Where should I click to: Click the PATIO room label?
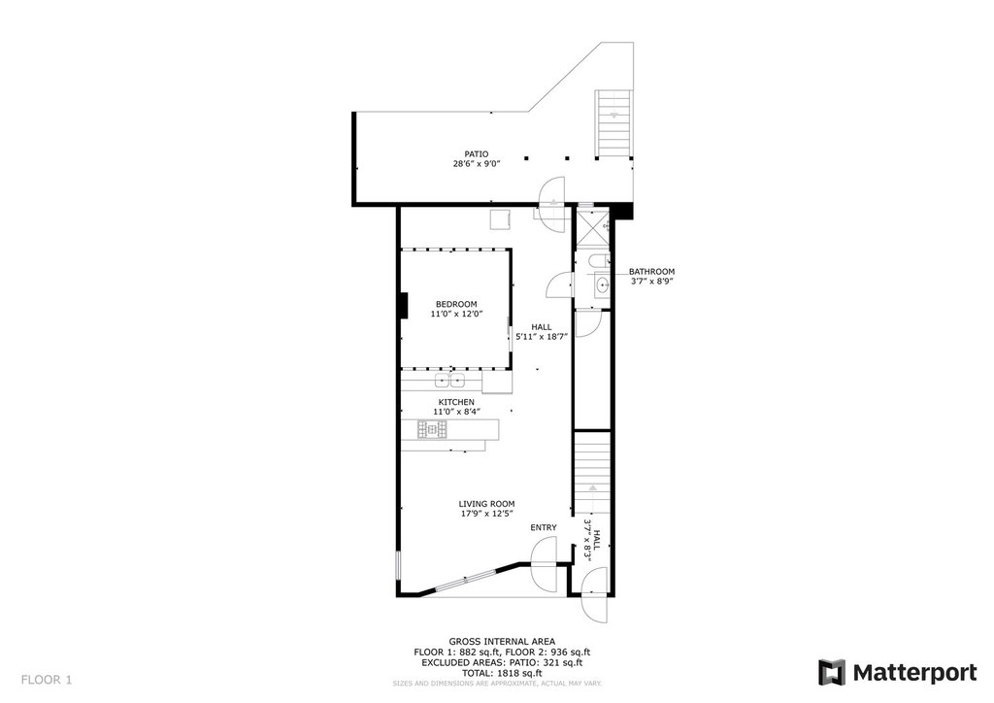[476, 154]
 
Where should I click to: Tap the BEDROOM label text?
[456, 304]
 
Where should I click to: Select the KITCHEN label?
[456, 403]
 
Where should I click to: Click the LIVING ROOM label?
[487, 505]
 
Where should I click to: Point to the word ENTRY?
[544, 527]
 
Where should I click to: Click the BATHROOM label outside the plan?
[651, 272]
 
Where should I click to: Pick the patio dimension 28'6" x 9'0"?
[477, 163]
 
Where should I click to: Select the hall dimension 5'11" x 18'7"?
[542, 337]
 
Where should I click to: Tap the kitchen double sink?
[450, 381]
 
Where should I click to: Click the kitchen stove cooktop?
[432, 430]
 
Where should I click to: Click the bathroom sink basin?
[602, 285]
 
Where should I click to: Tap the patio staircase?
[613, 124]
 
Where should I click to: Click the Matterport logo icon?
[832, 673]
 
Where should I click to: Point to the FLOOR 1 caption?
[47, 680]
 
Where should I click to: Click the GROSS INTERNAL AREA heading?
[502, 642]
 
